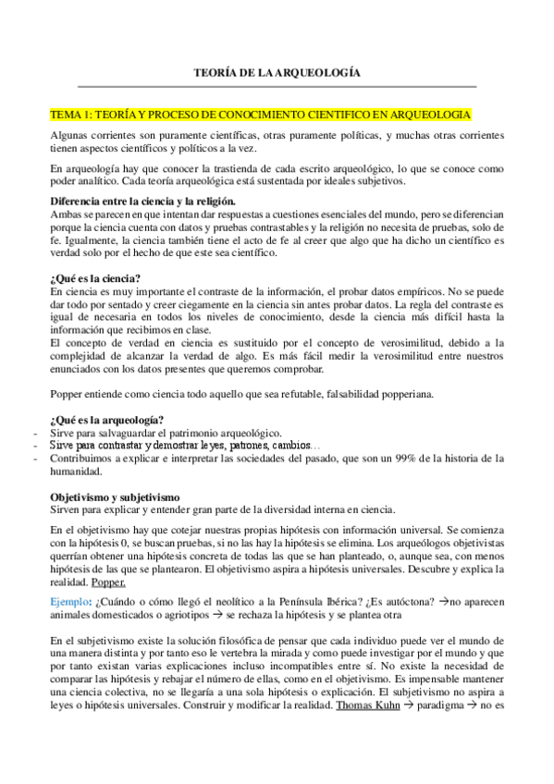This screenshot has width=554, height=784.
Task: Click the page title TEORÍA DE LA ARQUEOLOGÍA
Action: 277,71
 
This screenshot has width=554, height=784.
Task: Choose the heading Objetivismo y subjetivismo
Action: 120,496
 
